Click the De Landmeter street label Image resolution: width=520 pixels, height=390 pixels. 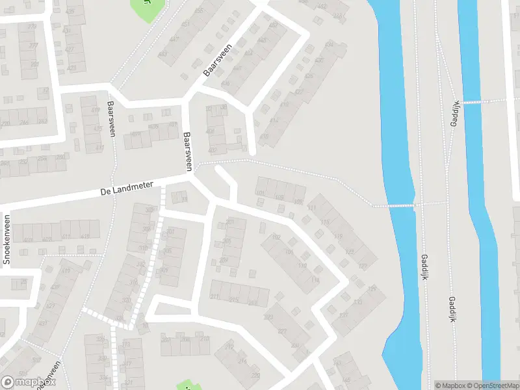click(x=127, y=188)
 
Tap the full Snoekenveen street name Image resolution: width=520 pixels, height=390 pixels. click(x=7, y=239)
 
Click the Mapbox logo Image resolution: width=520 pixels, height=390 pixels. click(x=29, y=382)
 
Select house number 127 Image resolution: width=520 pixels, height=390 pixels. click(x=363, y=266)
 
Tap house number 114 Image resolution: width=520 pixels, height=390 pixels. click(x=315, y=279)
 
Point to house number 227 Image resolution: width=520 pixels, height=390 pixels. click(x=282, y=331)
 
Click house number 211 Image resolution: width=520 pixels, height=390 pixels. click(x=214, y=297)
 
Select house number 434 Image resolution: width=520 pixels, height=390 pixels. click(x=329, y=45)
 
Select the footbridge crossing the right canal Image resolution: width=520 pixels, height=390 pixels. click(x=473, y=102)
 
